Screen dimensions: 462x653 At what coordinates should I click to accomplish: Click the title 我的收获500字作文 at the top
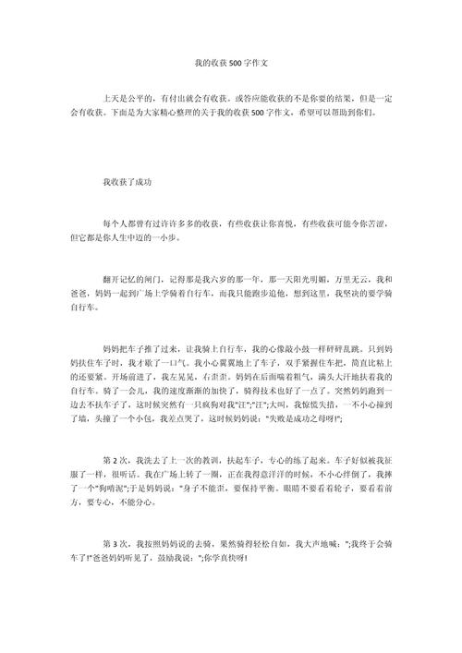click(x=230, y=65)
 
